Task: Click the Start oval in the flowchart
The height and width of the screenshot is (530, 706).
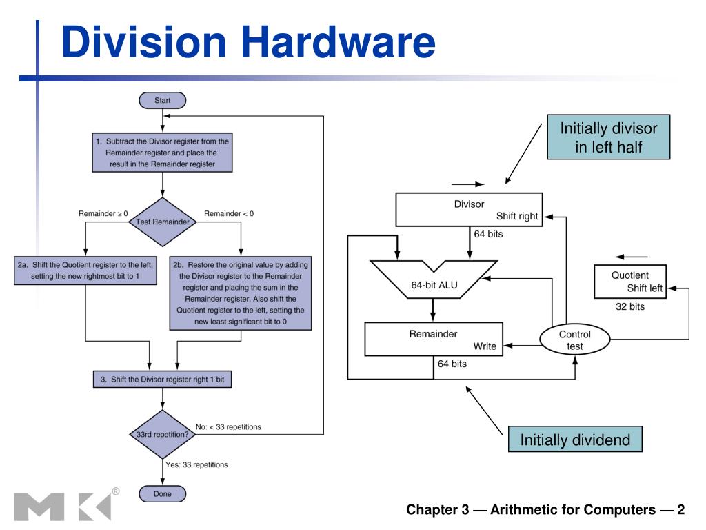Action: pos(162,100)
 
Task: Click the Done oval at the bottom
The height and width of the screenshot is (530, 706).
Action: pos(162,493)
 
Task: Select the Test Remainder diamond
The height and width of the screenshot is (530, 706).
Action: pos(163,222)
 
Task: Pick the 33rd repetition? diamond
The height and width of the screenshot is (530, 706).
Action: pos(163,435)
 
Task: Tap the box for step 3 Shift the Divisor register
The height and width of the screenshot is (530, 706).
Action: pos(163,379)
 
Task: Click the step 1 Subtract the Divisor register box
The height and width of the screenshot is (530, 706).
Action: pos(163,152)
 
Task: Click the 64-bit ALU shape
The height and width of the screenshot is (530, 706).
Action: pos(432,286)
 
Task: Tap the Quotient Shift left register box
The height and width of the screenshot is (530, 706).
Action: pos(630,282)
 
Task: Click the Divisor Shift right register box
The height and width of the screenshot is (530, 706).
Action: pos(467,210)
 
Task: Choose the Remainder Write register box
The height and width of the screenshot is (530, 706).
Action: pos(433,339)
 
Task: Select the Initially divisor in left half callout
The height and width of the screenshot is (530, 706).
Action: pos(609,137)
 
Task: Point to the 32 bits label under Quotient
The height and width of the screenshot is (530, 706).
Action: pos(630,307)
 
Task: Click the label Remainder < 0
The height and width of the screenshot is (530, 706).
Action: pos(229,214)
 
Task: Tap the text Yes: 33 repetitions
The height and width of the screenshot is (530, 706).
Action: pos(196,464)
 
